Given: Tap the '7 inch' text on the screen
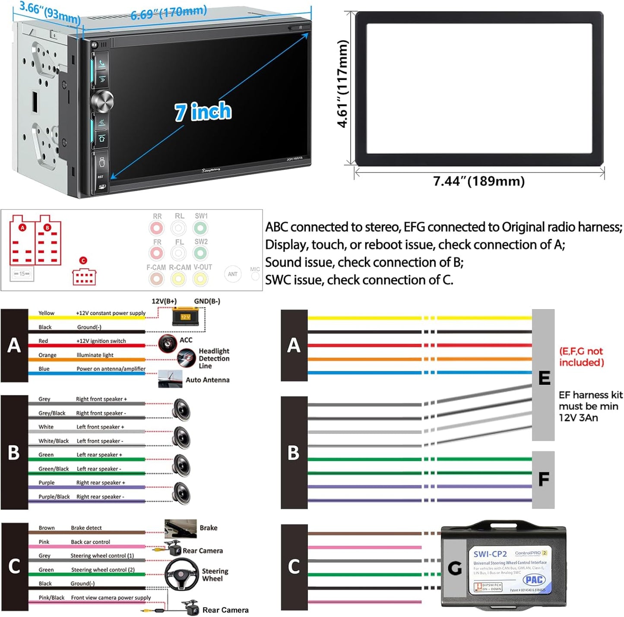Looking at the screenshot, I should tap(203, 112).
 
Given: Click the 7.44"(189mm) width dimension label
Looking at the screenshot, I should tap(479, 181).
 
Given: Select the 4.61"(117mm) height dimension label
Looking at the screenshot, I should tap(342, 84).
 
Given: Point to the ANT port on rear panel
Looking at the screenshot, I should tap(233, 274).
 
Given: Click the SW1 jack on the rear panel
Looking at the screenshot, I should tap(200, 228).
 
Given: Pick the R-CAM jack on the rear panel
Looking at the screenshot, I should tap(178, 279).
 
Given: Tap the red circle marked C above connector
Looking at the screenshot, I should tap(83, 260).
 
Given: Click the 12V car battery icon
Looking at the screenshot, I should tap(185, 316).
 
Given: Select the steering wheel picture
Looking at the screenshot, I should tap(182, 575).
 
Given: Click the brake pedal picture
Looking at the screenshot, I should tap(181, 528).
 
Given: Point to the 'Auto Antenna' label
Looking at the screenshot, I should tap(207, 380).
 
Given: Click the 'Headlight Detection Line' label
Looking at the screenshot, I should tap(214, 358).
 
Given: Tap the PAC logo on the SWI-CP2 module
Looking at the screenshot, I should tap(534, 580).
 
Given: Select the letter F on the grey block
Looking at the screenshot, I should tap(543, 479).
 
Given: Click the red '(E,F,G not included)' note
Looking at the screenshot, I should tap(581, 357).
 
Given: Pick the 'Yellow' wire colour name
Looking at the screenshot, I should tap(46, 313).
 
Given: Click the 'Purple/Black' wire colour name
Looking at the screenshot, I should tap(54, 497).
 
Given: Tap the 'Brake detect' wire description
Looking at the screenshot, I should tap(86, 528).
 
